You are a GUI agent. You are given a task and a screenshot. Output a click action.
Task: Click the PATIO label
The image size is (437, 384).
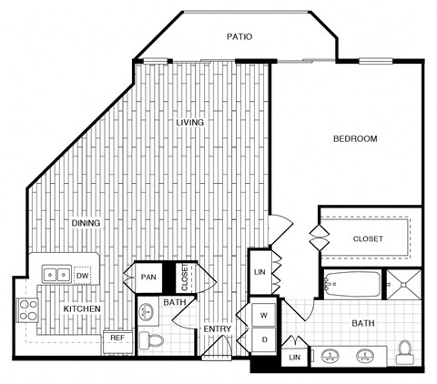point(239,37)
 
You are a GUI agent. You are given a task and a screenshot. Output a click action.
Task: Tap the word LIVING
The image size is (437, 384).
point(190,122)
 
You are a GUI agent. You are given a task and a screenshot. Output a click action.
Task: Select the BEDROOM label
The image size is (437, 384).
point(354,138)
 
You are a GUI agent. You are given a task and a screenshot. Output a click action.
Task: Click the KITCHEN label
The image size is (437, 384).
point(81,309)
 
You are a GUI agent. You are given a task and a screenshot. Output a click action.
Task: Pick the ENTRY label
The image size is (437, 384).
point(217,329)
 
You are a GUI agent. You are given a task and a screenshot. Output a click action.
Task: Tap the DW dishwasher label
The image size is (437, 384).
point(82,274)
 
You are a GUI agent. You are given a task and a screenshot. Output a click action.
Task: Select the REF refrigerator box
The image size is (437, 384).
point(117,338)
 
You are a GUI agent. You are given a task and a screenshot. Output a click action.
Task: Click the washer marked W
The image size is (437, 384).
point(264,315)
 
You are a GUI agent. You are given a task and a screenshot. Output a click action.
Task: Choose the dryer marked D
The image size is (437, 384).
point(264,339)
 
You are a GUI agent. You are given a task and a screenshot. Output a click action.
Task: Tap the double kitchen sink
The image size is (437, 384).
point(56,274)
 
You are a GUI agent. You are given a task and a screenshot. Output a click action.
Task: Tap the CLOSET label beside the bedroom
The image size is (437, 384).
point(368,239)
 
